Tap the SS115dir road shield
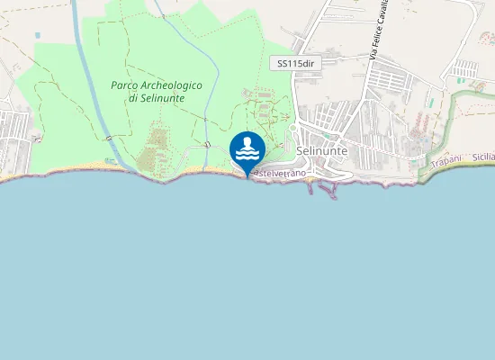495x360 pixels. (x=295, y=63)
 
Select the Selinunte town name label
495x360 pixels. (x=321, y=151)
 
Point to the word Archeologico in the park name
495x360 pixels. (x=170, y=85)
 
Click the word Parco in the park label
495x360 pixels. (x=123, y=85)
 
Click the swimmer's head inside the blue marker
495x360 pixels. (x=247, y=142)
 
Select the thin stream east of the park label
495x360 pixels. (x=208, y=99)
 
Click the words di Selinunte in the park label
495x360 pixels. (x=157, y=97)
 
